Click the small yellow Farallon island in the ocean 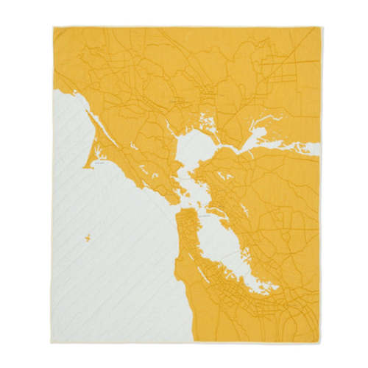(87, 237)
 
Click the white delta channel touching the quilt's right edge (315, 149)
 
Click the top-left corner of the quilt (53, 28)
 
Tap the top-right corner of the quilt (321, 28)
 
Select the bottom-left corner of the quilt (53, 342)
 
